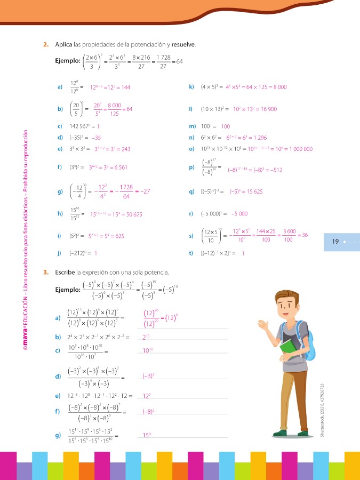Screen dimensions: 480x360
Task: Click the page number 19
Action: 335,242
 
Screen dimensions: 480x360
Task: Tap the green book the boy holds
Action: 289,348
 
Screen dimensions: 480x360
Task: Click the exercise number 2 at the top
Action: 46,44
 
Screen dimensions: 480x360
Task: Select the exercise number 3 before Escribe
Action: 46,273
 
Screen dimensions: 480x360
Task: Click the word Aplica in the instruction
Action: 63,44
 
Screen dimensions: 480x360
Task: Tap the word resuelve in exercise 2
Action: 185,44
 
